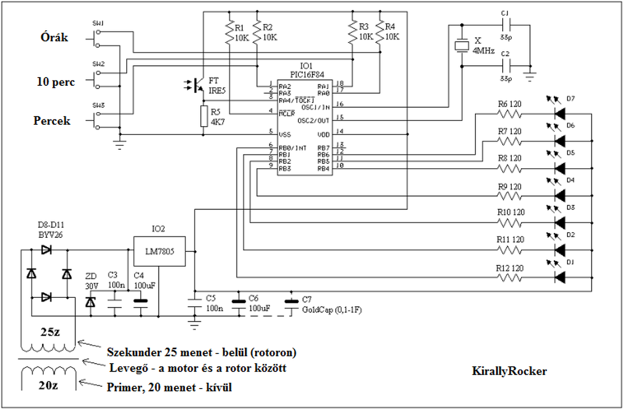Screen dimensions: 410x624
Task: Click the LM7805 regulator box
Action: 159,252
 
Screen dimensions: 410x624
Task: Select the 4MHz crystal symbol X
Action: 461,46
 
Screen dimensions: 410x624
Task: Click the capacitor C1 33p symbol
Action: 506,24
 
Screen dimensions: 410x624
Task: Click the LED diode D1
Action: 560,277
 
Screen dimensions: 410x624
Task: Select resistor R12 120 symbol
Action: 509,277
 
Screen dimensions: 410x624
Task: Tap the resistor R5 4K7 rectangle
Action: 204,116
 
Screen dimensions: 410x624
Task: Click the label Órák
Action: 54,38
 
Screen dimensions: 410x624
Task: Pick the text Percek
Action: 52,121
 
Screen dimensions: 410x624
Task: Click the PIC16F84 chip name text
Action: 306,74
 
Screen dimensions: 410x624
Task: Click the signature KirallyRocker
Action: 509,371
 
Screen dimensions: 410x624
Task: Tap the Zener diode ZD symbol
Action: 90,302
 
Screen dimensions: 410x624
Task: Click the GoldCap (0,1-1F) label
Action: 331,310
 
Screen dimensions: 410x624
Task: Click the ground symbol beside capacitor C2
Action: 530,75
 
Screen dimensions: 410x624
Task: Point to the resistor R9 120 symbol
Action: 509,195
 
